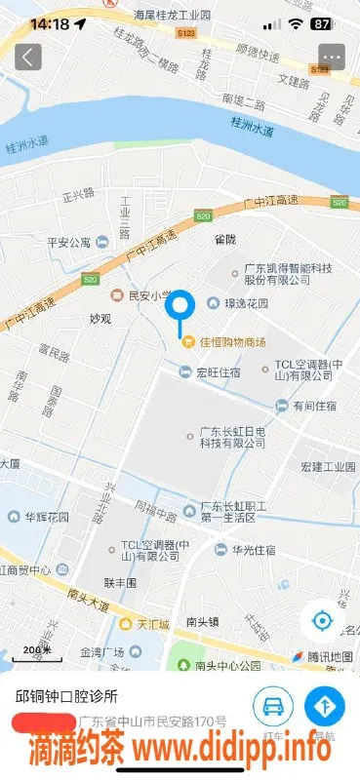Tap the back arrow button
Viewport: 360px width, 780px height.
28,57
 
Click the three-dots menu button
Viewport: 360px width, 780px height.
332,57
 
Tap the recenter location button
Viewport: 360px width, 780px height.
322,619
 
